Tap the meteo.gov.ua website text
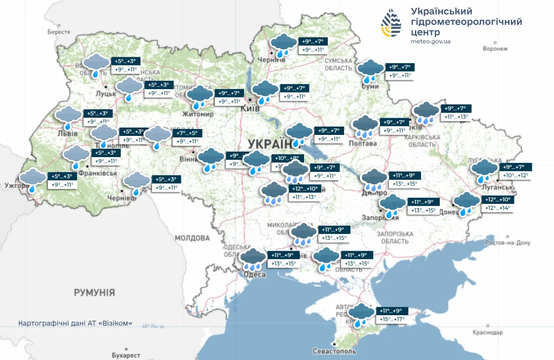coord(430,41)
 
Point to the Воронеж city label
coord(495,49)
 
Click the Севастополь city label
coord(334,351)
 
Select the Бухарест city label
coord(126,355)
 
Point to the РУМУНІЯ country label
coord(94,293)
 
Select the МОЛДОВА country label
coord(192,238)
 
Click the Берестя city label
coord(59,32)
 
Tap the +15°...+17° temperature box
coord(391,320)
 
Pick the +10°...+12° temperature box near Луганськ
coord(516,176)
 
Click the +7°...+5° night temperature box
coord(187,132)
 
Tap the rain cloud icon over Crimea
coord(362,315)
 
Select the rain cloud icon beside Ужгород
coord(33,180)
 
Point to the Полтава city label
coord(362,143)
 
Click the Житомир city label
coord(198,114)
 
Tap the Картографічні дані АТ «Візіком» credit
coord(75,324)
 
